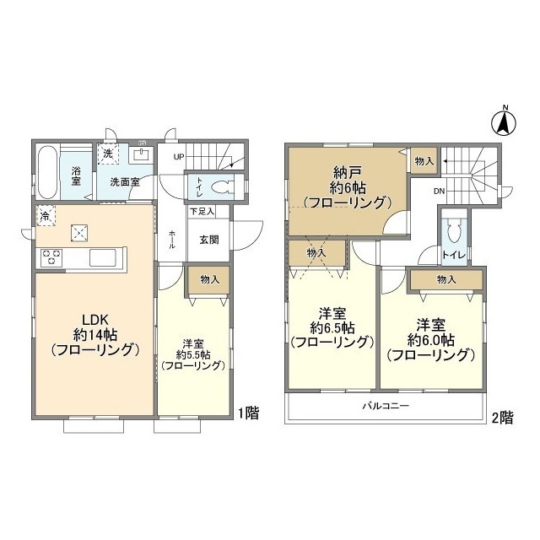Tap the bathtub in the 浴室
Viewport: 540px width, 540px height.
pyautogui.click(x=46, y=172)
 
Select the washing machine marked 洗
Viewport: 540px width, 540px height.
pyautogui.click(x=108, y=154)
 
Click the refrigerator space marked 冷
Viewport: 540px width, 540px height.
pyautogui.click(x=46, y=216)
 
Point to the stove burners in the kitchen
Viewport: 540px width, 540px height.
pyautogui.click(x=51, y=257)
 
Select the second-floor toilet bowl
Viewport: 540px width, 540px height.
pyautogui.click(x=453, y=231)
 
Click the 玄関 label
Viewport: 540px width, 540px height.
pyautogui.click(x=209, y=240)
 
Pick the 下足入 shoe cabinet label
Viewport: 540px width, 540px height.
pyautogui.click(x=202, y=212)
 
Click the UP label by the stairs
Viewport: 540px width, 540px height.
pyautogui.click(x=179, y=157)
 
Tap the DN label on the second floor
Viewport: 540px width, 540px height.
pyautogui.click(x=439, y=192)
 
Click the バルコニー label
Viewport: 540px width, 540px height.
pyautogui.click(x=386, y=406)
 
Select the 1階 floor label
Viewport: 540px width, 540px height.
pyautogui.click(x=249, y=413)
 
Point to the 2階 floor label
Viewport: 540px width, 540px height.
pyautogui.click(x=502, y=418)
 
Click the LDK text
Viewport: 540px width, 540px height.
pyautogui.click(x=95, y=319)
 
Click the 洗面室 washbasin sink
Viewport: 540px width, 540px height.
pyautogui.click(x=142, y=154)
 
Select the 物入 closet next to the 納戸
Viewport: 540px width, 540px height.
pyautogui.click(x=424, y=160)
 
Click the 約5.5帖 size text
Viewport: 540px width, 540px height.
pyautogui.click(x=193, y=354)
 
